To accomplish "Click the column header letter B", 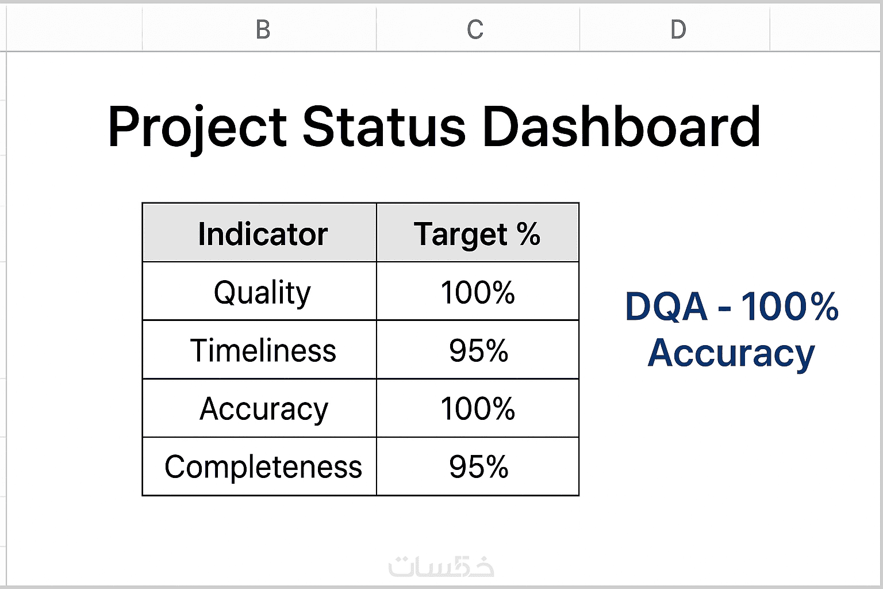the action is point(263,29).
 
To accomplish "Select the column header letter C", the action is point(475,29).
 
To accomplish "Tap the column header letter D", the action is point(678,29).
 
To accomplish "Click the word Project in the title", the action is point(198,127).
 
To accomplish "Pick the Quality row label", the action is point(263,293).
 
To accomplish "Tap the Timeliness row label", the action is point(263,350).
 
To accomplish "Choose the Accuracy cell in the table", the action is point(263,409).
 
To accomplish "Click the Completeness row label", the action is point(263,466).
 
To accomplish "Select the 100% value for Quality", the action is point(478,292).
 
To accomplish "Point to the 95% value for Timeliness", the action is point(478,350).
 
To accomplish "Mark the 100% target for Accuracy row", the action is point(478,408).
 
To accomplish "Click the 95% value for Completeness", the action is point(478,466).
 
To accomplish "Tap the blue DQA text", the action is point(666,307).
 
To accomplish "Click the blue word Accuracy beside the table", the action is point(731,353).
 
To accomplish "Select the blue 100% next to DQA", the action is point(789,306).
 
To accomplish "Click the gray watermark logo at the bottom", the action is point(441,567).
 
